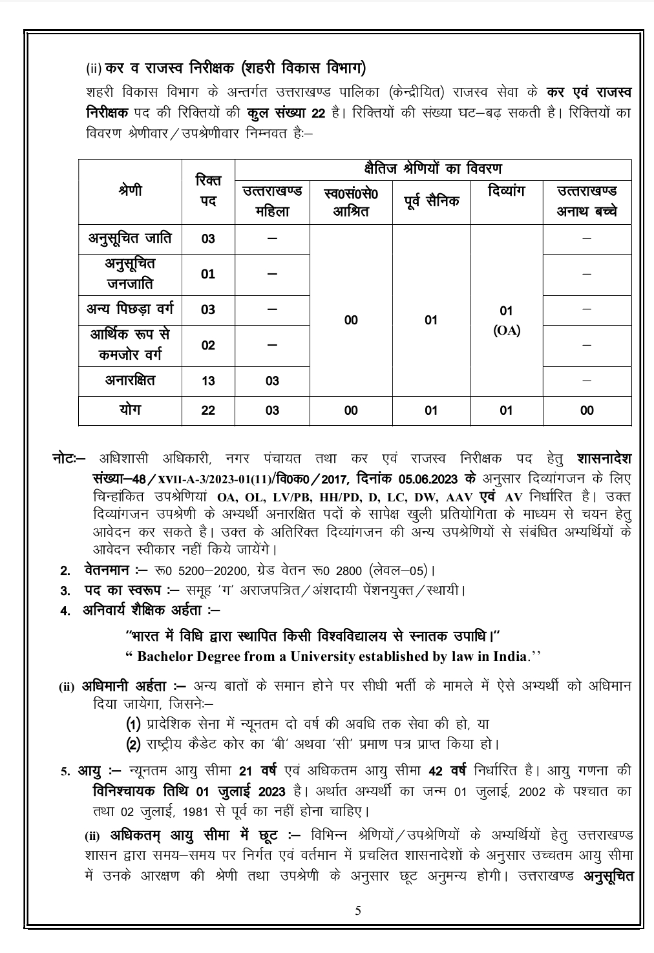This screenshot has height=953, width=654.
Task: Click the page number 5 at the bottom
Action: (x=358, y=911)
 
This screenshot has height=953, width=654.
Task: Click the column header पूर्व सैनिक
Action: (x=431, y=201)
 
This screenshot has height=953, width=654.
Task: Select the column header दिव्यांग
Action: (x=506, y=191)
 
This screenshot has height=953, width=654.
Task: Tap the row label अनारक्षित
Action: (x=130, y=380)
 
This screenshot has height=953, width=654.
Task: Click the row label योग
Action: (x=130, y=410)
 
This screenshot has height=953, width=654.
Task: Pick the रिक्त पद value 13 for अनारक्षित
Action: (x=208, y=381)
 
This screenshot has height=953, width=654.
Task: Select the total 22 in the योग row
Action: (x=208, y=411)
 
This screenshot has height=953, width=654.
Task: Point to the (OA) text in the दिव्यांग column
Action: (x=507, y=331)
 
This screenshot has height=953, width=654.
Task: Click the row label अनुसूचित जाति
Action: (x=130, y=238)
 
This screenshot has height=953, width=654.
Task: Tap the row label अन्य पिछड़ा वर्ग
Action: (x=130, y=309)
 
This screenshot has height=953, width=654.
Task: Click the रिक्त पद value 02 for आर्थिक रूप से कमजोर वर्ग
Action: (x=208, y=345)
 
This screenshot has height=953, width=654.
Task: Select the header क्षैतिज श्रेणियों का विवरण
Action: (x=432, y=169)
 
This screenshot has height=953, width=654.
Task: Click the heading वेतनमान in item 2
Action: (x=107, y=571)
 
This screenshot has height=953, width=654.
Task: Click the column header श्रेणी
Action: (x=130, y=191)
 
